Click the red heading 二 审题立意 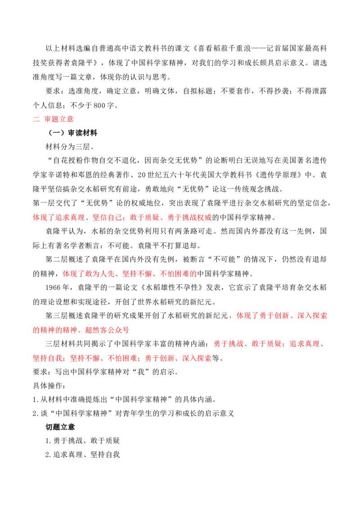(53, 119)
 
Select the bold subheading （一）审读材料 (72, 133)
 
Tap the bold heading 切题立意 (60, 427)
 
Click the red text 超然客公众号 (107, 330)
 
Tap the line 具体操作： (49, 386)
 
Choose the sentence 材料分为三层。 (70, 147)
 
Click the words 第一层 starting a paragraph (44, 203)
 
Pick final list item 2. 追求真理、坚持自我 (82, 455)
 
